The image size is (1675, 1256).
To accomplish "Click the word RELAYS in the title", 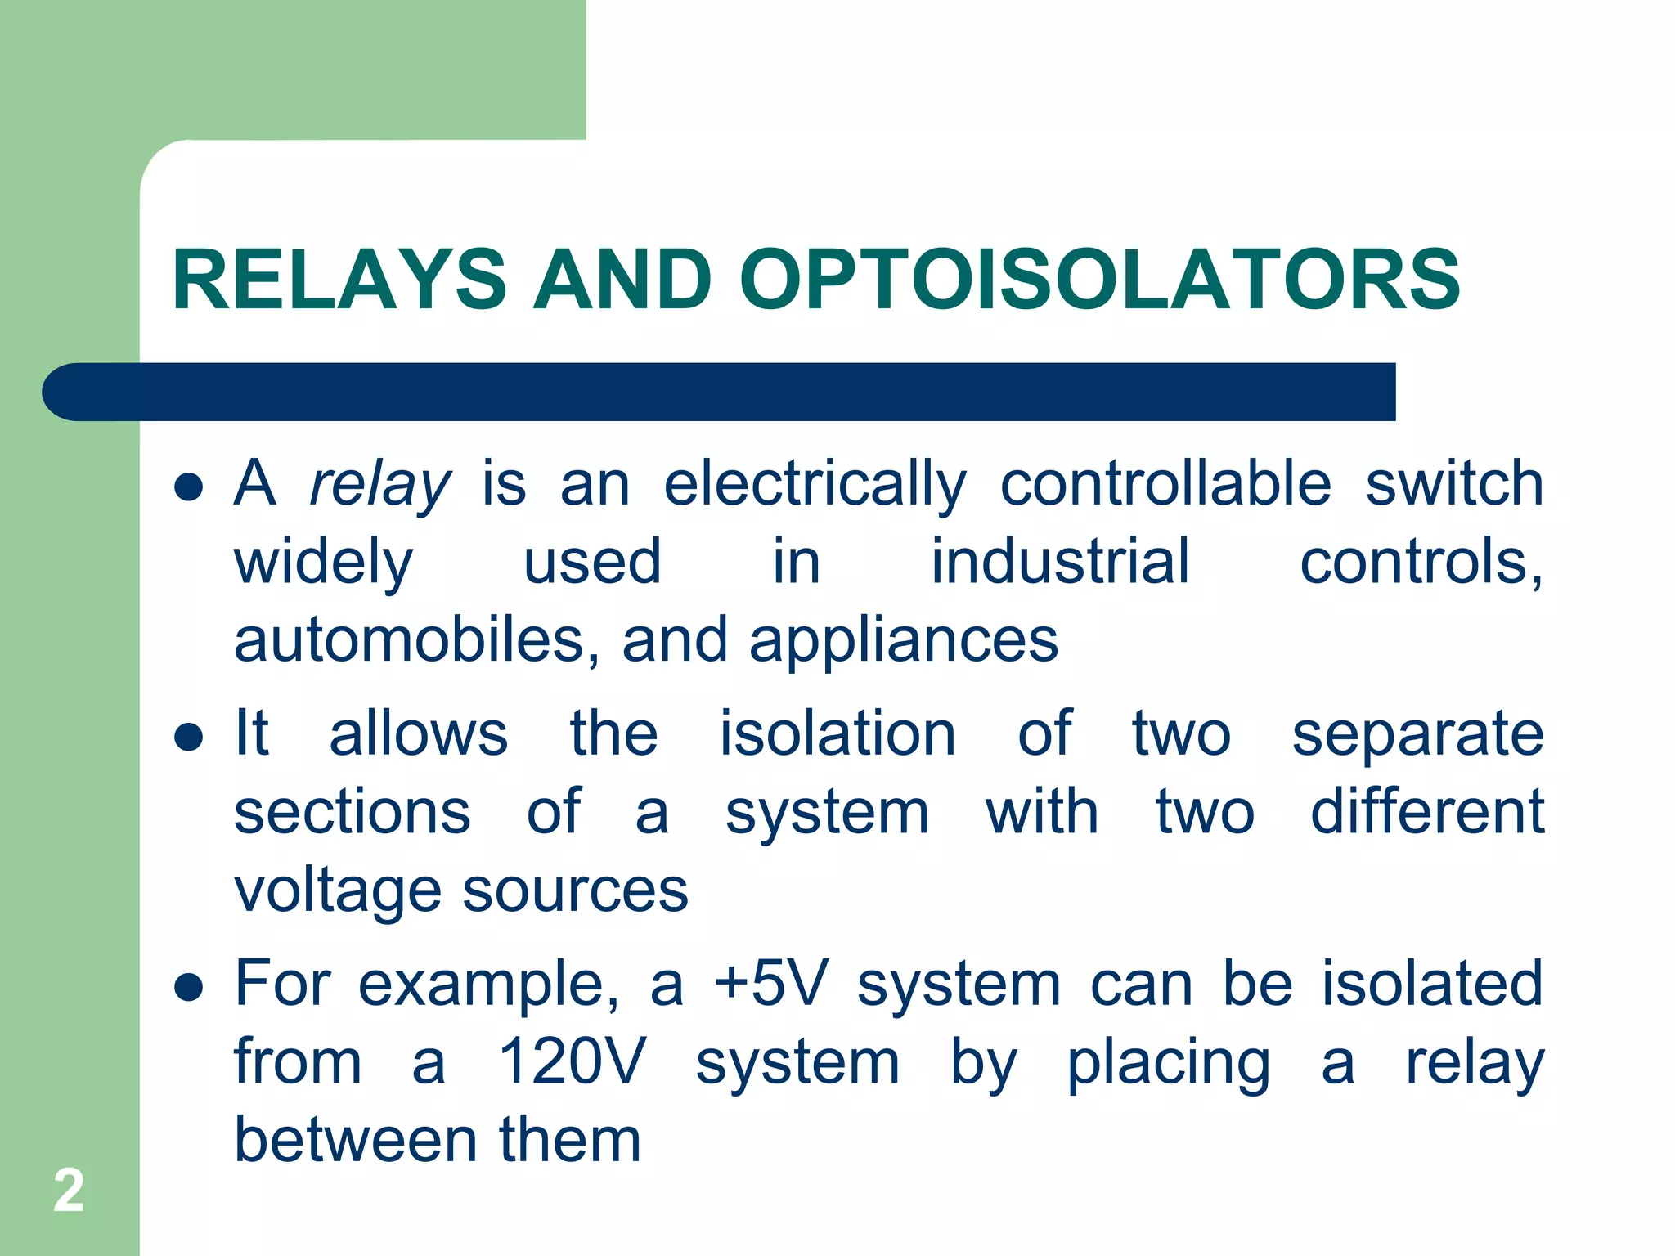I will [x=339, y=280].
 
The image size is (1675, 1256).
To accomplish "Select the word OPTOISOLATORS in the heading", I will [x=1099, y=280].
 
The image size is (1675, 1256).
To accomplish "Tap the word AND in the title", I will [x=622, y=280].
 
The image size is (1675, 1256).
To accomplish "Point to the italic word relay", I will [x=379, y=484].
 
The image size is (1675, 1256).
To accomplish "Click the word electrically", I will [x=815, y=484].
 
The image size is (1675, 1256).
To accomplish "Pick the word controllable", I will [x=1165, y=484].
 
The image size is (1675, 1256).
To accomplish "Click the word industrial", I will [x=1060, y=562].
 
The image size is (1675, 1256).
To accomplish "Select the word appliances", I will [x=904, y=640].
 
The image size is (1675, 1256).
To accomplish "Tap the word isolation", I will [x=837, y=733].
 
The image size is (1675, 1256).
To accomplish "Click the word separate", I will [x=1417, y=733].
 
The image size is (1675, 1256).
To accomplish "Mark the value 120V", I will [x=572, y=1061].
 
